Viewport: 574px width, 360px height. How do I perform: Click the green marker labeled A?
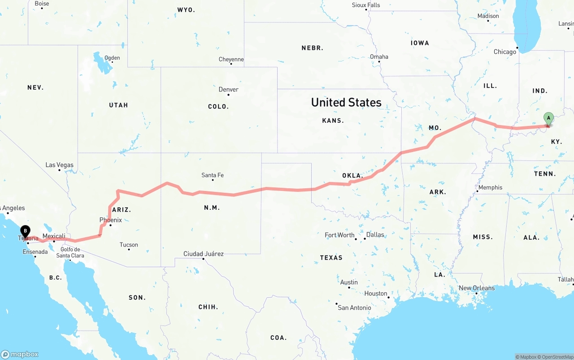point(548,119)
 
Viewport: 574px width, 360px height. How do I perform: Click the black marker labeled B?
point(26,231)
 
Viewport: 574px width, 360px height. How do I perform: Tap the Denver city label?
point(228,90)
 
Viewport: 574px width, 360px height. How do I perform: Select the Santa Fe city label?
point(213,175)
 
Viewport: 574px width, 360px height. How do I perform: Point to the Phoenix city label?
point(110,220)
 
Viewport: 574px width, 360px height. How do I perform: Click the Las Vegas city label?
point(59,165)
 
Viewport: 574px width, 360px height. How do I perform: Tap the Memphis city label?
point(490,187)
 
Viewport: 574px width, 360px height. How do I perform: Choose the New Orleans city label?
point(477,288)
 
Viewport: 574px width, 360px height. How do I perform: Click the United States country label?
point(346,102)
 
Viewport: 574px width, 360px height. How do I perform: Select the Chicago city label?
point(505,52)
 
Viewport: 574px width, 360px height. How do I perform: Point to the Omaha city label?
point(379,57)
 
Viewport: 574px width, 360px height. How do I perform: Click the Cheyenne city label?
point(231,60)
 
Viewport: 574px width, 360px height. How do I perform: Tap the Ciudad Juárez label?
point(204,254)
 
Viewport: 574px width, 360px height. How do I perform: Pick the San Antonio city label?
point(354,308)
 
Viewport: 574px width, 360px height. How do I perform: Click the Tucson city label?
point(129,245)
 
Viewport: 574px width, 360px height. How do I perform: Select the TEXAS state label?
point(331,258)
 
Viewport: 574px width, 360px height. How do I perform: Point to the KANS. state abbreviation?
point(333,121)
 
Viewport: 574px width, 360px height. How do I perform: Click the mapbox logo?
point(20,354)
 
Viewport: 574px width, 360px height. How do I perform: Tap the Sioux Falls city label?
point(366,5)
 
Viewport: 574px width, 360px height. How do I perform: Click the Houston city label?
point(376,294)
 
